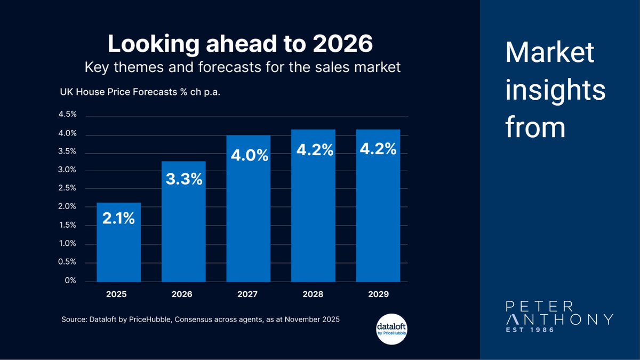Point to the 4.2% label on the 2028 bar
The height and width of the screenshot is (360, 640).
pyautogui.click(x=313, y=151)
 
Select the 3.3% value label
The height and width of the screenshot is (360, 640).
pyautogui.click(x=183, y=179)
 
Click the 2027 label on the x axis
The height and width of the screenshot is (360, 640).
pyautogui.click(x=248, y=294)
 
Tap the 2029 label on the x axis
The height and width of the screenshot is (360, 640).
pyautogui.click(x=378, y=294)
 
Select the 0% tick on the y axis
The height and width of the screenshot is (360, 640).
pyautogui.click(x=71, y=280)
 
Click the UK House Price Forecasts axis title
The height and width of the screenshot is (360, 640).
pyautogui.click(x=140, y=92)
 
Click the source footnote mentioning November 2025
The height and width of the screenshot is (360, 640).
pyautogui.click(x=200, y=319)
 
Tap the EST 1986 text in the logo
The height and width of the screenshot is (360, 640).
pyautogui.click(x=530, y=331)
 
